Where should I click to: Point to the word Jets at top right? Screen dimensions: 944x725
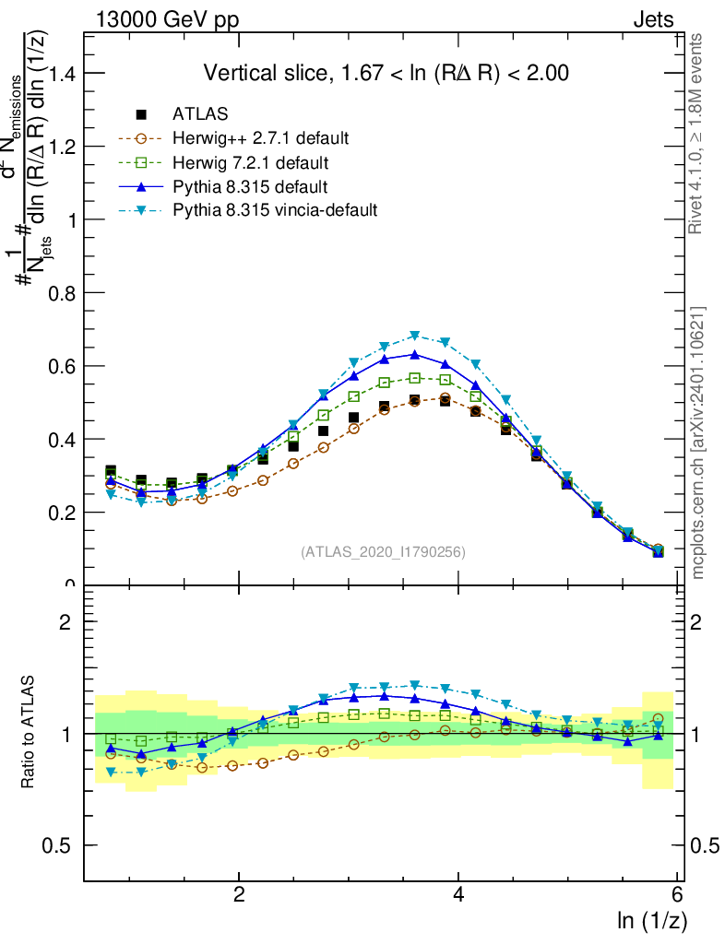[x=653, y=19]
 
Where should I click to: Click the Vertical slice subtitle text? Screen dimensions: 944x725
[x=386, y=73]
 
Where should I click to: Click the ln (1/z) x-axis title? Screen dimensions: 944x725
[x=652, y=920]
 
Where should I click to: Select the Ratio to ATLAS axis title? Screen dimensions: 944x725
[x=29, y=733]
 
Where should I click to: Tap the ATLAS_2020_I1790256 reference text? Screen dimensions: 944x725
[x=382, y=552]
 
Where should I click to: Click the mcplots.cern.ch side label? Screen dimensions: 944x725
[x=698, y=442]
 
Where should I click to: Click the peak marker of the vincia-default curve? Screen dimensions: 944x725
[x=415, y=336]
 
